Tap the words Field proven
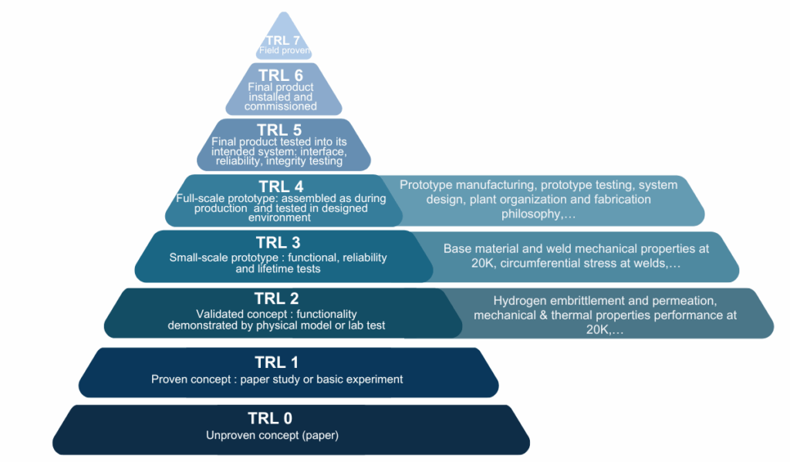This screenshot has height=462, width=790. pyautogui.click(x=285, y=52)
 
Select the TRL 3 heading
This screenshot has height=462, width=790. pyautogui.click(x=278, y=242)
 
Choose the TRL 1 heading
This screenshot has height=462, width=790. pyautogui.click(x=276, y=363)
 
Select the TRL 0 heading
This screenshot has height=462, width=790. pyautogui.click(x=270, y=419)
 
